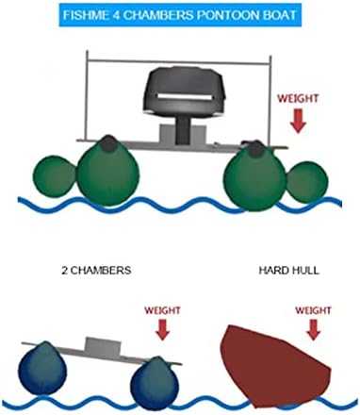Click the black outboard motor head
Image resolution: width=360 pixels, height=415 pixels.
tap(185, 91)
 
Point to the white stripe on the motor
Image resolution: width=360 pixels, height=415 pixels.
tap(185, 97)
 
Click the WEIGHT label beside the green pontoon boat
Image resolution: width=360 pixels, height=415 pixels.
tap(298, 98)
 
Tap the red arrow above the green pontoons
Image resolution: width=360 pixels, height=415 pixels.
tap(298, 121)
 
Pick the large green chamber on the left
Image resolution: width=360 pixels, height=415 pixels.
tap(108, 172)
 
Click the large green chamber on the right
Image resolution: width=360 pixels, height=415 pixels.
tap(256, 176)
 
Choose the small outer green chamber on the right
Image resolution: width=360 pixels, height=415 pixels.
tap(308, 182)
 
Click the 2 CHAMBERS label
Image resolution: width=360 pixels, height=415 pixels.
tap(96, 271)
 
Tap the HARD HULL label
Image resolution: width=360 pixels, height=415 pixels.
tap(288, 271)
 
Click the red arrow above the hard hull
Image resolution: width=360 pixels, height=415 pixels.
tap(313, 329)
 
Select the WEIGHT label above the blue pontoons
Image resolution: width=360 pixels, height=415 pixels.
tap(162, 310)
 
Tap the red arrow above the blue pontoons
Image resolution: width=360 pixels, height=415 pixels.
tap(163, 329)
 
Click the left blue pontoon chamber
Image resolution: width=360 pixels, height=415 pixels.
tap(42, 369)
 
